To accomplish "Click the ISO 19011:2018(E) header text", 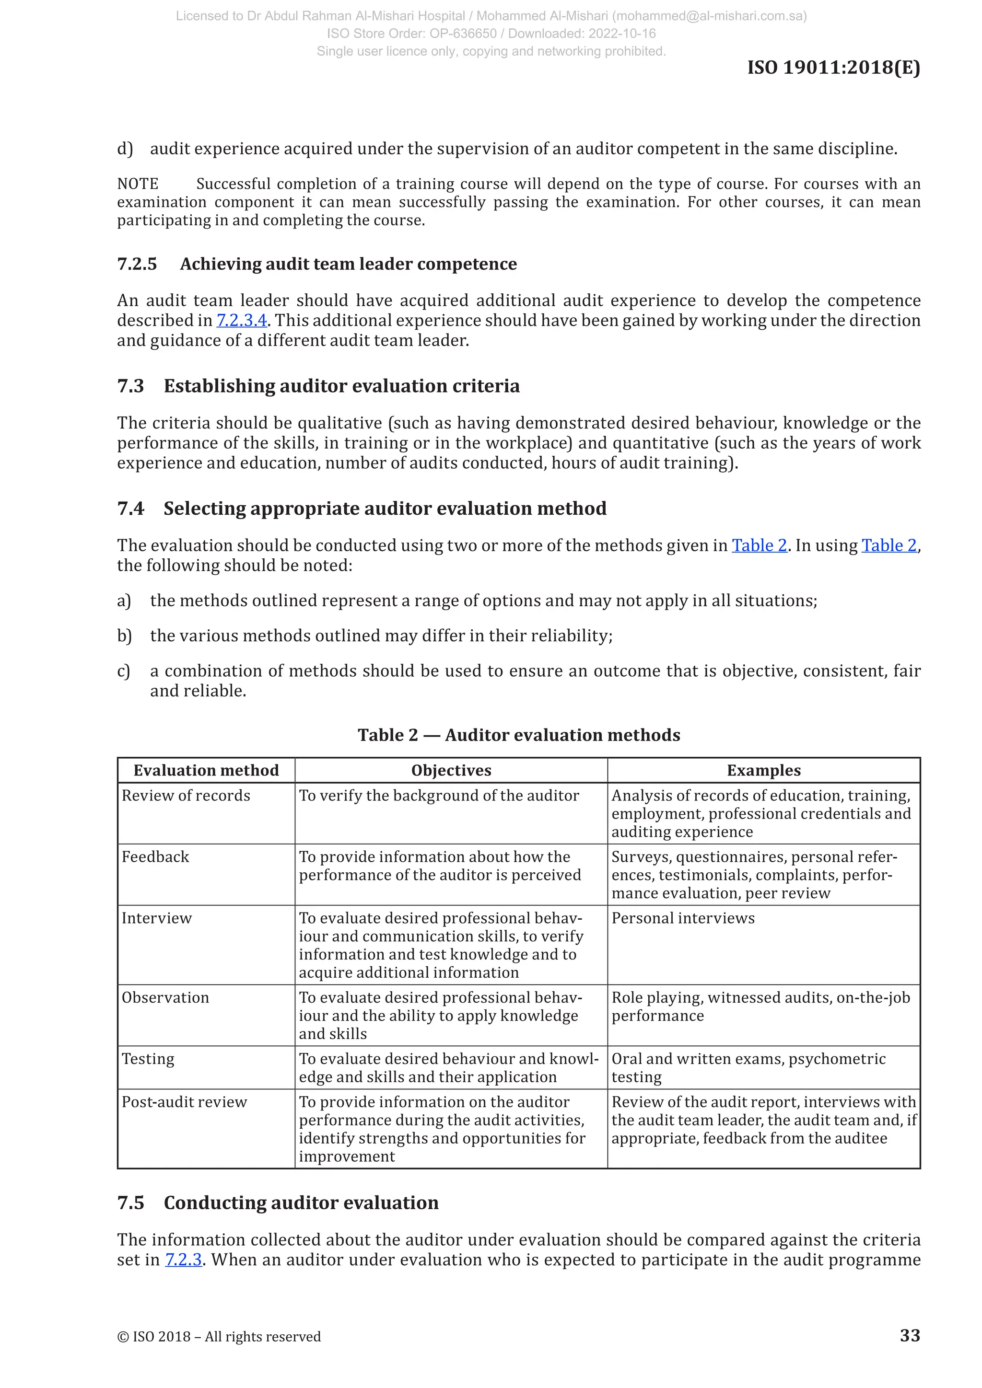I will click(x=833, y=67).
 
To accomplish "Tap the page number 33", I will click(x=910, y=1335).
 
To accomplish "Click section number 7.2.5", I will click(x=137, y=264).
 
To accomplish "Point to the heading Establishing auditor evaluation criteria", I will click(x=341, y=386).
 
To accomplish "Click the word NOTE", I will click(x=138, y=184).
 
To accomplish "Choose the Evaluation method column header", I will click(x=206, y=770).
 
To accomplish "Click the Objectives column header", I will click(x=451, y=770).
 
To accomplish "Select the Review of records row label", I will click(x=186, y=796).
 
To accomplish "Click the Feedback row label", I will click(x=155, y=856).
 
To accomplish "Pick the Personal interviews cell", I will click(x=683, y=918).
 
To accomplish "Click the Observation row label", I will click(x=165, y=997).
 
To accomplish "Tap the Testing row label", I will click(x=148, y=1059).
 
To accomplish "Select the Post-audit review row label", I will click(x=185, y=1101).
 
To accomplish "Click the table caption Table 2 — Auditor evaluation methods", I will click(x=519, y=735).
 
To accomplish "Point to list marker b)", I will click(x=125, y=636).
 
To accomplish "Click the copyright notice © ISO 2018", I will click(x=219, y=1336).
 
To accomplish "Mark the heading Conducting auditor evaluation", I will click(x=301, y=1203).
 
